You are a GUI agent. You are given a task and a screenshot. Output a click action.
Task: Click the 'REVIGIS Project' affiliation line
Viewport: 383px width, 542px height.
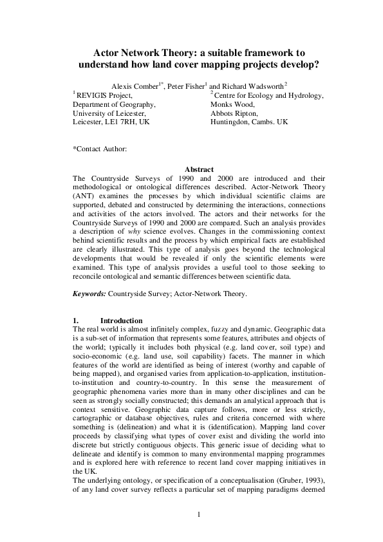coord(104,96)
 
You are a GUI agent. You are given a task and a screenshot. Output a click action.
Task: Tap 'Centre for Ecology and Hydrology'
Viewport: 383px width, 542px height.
coord(268,96)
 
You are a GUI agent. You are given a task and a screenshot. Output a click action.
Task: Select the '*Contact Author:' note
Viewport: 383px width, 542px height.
coord(100,149)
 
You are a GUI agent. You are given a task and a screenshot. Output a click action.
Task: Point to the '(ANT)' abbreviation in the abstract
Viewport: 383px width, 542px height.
coord(84,212)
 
